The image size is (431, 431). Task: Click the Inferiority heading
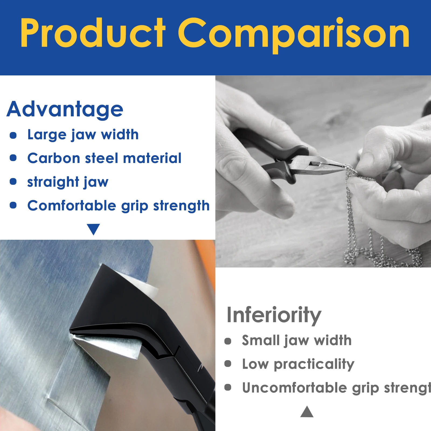point(274,315)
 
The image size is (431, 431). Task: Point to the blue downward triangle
point(93,229)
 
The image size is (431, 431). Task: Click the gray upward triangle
point(307,412)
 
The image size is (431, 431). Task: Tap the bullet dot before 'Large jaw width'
point(13,135)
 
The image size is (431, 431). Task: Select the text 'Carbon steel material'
point(104,158)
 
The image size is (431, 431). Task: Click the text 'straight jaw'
point(68,182)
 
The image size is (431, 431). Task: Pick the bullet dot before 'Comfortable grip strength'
point(13,205)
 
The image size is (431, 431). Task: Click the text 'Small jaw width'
point(297,340)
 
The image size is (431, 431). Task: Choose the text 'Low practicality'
point(298,364)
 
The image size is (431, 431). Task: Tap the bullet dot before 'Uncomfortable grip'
point(228,387)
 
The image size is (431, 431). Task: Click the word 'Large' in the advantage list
point(47,135)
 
